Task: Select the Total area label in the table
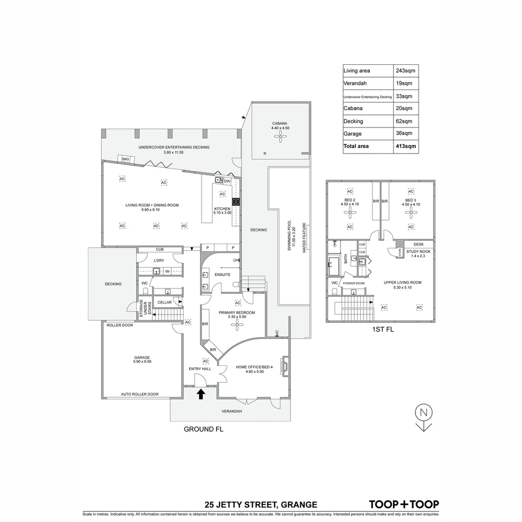357,146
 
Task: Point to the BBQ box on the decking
126,159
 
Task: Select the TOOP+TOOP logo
404,504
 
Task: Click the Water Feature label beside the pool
304,238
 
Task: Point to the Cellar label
164,303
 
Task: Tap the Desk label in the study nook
418,245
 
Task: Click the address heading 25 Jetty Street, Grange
261,505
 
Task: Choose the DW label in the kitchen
227,181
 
